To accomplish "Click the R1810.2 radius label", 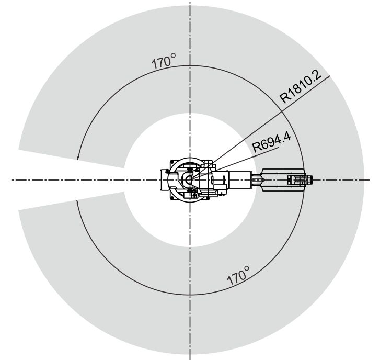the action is [x=301, y=86].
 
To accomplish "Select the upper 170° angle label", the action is [x=164, y=61].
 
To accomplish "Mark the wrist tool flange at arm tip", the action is [x=309, y=180].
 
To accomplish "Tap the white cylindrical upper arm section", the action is [x=240, y=180].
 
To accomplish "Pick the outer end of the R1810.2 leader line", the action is [x=330, y=76].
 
